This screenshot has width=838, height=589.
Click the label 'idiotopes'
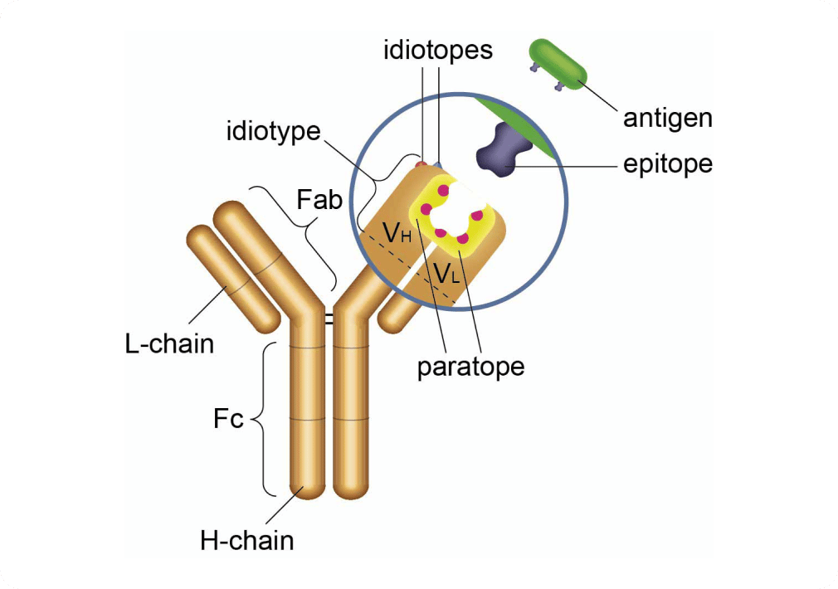tap(438, 50)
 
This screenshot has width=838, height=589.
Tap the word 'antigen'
tap(667, 118)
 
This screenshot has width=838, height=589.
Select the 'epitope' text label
tap(667, 163)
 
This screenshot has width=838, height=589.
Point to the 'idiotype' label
tap(274, 131)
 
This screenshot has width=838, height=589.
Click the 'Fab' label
tap(319, 200)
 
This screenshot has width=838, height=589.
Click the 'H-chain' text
tap(247, 542)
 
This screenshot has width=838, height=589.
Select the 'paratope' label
tap(470, 366)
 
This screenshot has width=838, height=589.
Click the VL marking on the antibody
tap(446, 271)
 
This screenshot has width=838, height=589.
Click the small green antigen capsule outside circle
tap(558, 62)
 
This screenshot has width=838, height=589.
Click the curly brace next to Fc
tap(259, 419)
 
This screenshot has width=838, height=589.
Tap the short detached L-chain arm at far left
tap(230, 279)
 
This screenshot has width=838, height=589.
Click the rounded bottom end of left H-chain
tap(306, 489)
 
